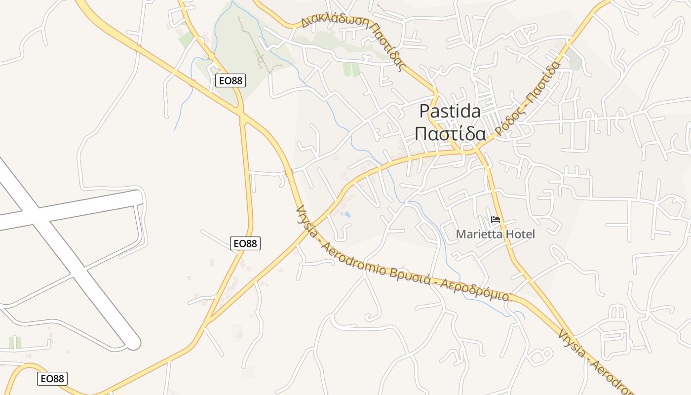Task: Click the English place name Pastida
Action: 450,111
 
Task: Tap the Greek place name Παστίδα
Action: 450,133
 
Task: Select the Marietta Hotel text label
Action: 495,234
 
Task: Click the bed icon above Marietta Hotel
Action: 496,220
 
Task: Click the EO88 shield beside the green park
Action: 230,80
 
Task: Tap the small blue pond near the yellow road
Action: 347,215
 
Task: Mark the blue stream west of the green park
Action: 185,99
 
